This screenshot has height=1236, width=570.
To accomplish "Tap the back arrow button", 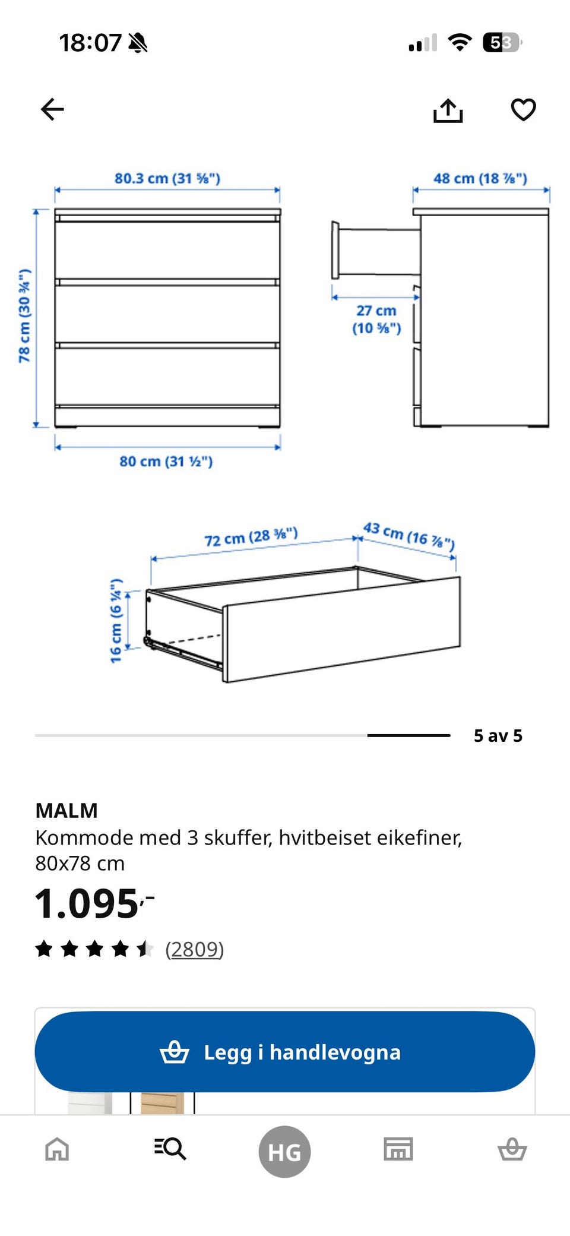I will pos(52,109).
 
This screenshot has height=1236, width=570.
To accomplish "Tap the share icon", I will pos(448,110).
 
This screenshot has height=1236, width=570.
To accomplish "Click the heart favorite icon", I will pos(523,109).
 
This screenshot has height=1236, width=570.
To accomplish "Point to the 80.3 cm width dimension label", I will pos(167,178).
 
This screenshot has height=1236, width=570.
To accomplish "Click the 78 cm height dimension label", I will pos(24,315).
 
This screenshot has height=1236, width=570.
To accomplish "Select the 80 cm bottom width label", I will pos(166,461).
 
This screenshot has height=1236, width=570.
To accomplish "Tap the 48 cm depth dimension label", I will pos(480,178).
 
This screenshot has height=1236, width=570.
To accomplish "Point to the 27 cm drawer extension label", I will pos(376,319).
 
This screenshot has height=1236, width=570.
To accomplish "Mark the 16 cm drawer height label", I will pos(116,620).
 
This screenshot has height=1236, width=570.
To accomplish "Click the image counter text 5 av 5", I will pos(498,736).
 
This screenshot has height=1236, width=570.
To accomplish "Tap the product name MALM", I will pos(66,810).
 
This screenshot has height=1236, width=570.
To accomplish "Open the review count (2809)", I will pos(194,949).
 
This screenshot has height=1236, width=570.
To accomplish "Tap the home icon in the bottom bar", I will pos(58,1149).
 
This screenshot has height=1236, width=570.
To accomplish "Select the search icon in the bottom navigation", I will pos(170,1149).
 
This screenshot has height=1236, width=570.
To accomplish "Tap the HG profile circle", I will pos(284,1152).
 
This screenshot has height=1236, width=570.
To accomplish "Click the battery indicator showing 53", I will pos(502,43).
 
